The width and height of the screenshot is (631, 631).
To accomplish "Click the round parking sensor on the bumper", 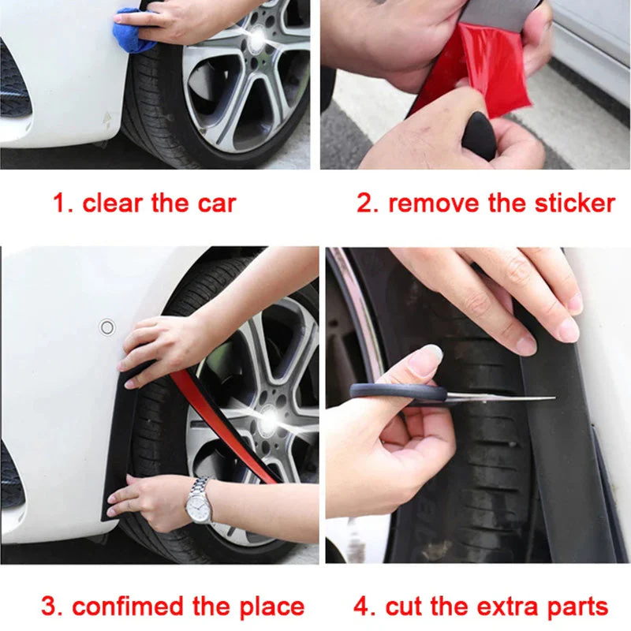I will point(106,327).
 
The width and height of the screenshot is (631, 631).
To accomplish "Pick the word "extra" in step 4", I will point(480,607).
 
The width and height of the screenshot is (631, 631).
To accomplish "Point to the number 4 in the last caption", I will point(362,607).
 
